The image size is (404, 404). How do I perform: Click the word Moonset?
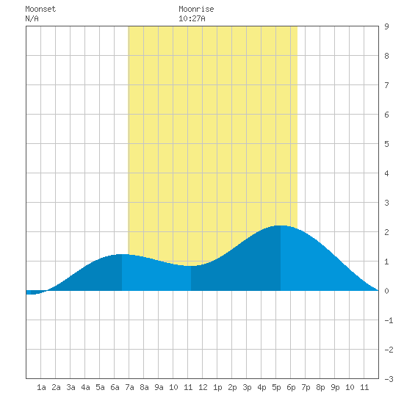[40, 9]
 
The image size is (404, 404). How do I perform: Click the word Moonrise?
[196, 9]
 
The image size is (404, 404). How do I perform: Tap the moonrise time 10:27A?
[192, 18]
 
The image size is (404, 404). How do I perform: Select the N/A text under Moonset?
[32, 18]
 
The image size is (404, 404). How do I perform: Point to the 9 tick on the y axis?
[386, 26]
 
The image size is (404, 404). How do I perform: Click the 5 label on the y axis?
[386, 144]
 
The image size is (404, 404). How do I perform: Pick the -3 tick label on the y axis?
[389, 379]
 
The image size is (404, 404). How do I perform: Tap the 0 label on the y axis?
[386, 291]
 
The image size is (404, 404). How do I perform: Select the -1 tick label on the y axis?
[389, 320]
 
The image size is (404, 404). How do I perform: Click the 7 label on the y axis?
[386, 85]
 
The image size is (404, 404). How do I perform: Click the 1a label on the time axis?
[41, 387]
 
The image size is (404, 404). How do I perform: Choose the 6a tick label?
[115, 387]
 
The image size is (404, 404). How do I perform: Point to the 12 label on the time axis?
[203, 387]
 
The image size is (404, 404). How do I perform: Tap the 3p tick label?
[247, 387]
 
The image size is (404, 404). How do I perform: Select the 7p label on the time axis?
[306, 387]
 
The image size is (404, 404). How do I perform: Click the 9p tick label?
[335, 387]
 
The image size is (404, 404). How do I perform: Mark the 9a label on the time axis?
[159, 387]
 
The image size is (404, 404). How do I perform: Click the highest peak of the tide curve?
[281, 226]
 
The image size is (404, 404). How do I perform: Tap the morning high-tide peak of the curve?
[122, 254]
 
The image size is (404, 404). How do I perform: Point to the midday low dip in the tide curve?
[191, 266]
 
